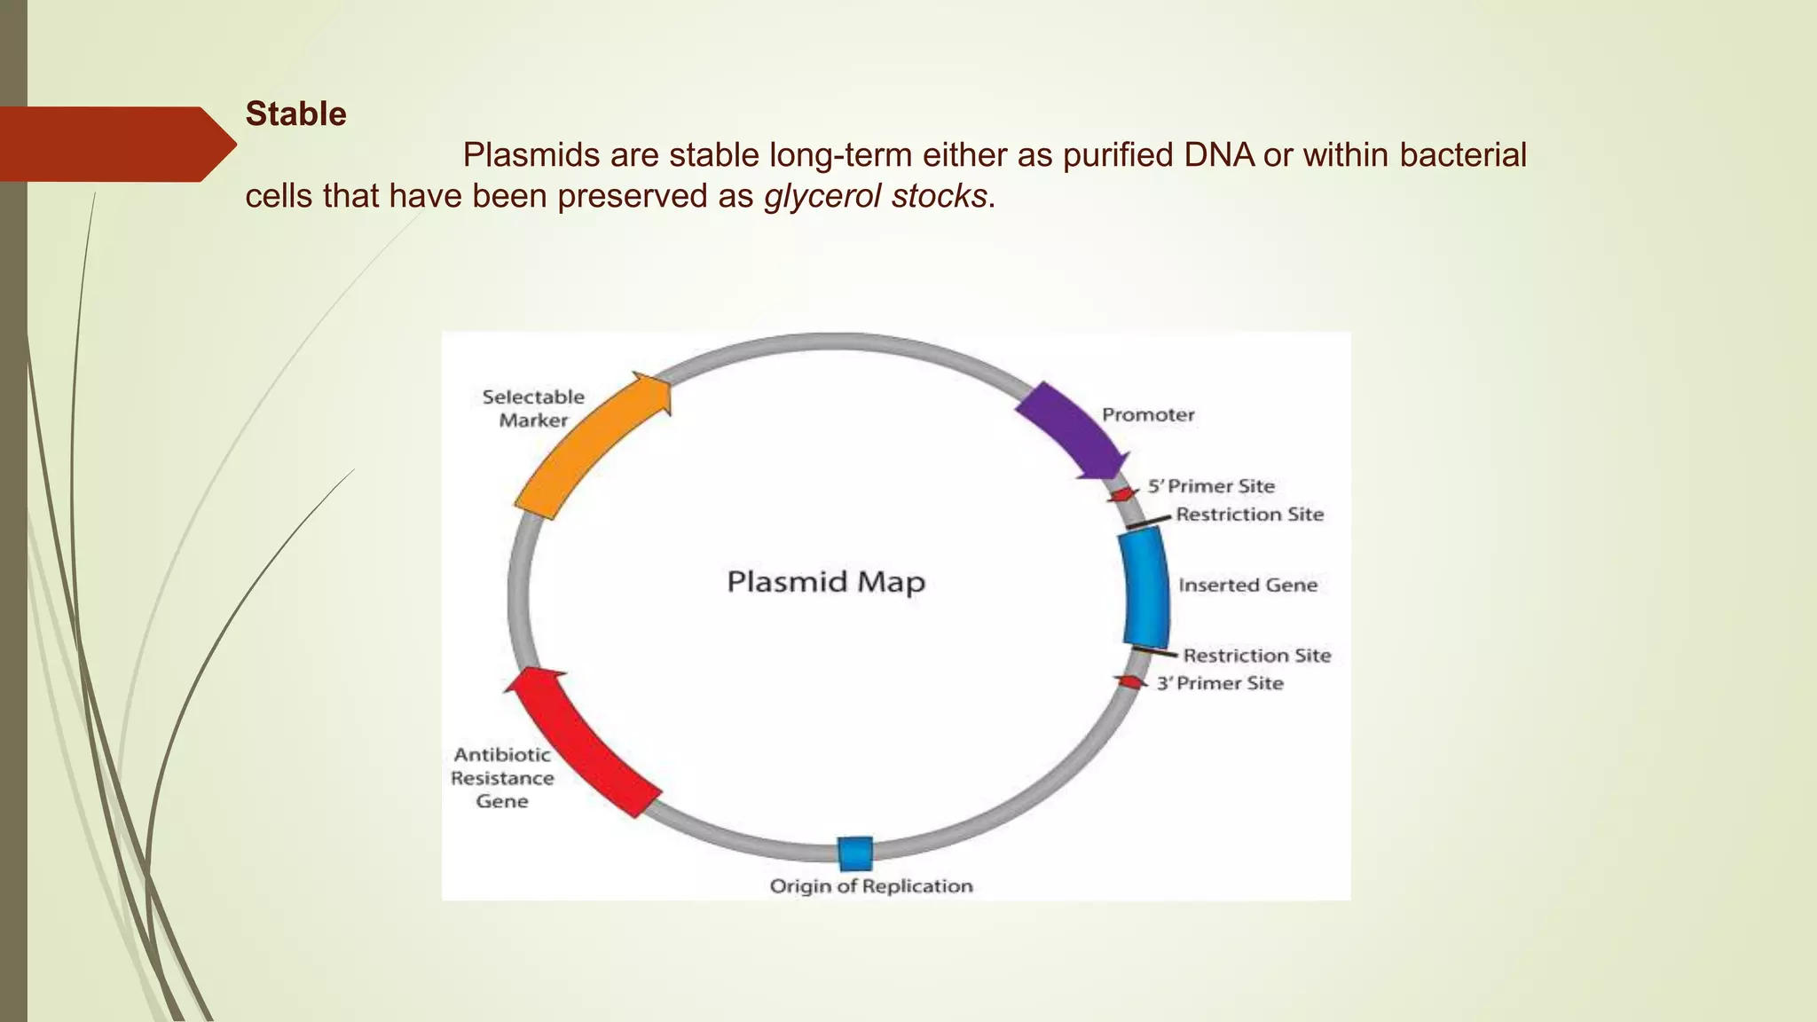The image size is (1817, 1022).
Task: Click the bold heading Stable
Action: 295,114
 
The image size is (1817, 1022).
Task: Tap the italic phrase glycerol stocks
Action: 875,196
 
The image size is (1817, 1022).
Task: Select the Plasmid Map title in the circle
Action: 825,582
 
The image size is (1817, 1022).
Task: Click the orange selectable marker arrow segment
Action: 586,449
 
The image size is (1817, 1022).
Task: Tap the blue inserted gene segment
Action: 1145,588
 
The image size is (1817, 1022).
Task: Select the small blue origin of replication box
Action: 855,853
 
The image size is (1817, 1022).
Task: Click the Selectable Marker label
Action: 533,408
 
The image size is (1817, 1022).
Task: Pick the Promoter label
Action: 1147,415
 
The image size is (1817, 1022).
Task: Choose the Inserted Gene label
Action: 1247,585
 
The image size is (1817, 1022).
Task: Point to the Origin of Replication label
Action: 870,885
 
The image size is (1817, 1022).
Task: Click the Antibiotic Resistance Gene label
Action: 502,778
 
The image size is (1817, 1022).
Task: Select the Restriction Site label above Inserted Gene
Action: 1249,515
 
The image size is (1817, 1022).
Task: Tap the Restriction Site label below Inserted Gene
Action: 1256,656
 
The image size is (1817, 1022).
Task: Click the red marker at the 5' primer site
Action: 1123,494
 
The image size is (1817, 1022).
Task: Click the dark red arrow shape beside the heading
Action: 115,144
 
